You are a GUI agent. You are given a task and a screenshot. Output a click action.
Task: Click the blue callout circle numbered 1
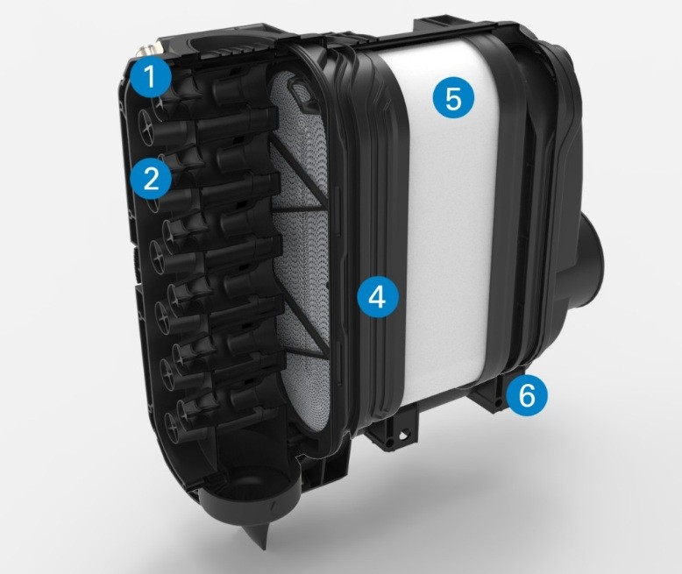pos(150,78)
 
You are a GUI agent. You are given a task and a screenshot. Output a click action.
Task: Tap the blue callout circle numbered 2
pos(151,178)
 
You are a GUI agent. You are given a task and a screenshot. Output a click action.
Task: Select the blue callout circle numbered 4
pos(377,297)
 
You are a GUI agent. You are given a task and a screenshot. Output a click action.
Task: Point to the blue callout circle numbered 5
pos(453,99)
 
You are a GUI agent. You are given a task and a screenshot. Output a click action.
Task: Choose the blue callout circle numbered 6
pos(527,395)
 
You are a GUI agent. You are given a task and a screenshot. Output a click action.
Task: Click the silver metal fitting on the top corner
pos(146,47)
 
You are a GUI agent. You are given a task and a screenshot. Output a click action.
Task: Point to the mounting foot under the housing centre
pos(394,430)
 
